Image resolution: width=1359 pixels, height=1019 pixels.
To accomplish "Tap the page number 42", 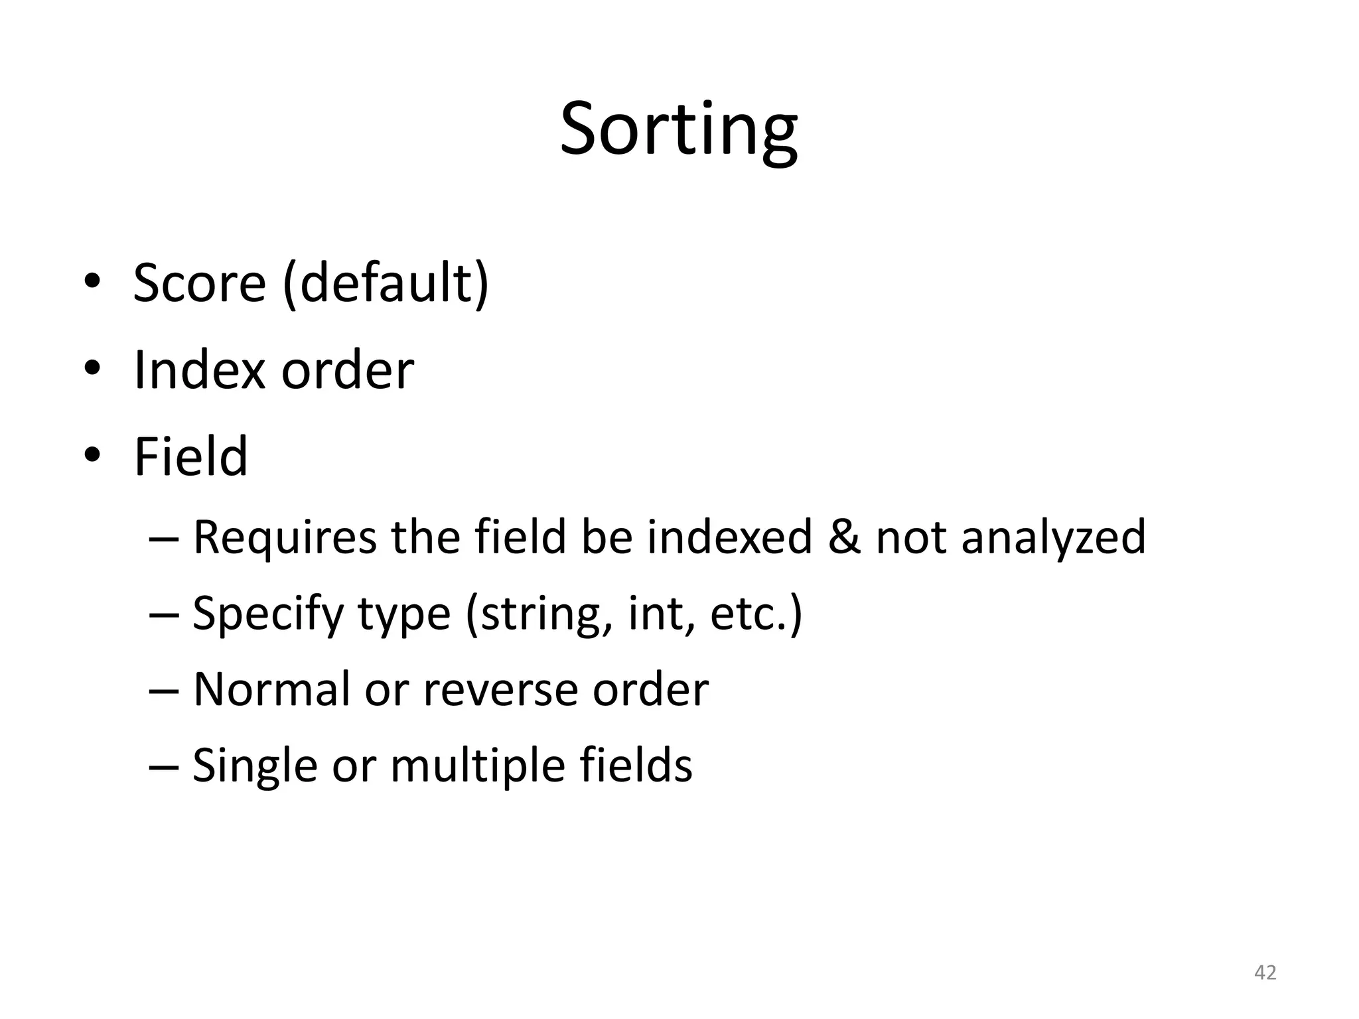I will [x=1265, y=973].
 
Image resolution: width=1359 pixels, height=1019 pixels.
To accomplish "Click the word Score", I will [x=199, y=283].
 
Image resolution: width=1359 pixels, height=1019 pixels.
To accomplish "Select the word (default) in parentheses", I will [x=386, y=283].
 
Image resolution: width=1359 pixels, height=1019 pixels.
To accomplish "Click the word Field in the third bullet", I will [x=190, y=457].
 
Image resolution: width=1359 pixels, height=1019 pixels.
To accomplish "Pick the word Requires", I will [x=284, y=537].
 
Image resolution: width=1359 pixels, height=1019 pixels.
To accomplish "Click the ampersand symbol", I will [x=843, y=537].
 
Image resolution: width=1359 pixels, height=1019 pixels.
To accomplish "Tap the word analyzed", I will [x=1053, y=537].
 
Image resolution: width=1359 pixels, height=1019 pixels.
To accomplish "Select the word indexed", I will [x=729, y=537].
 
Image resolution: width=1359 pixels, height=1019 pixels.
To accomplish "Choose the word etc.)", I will [x=756, y=614].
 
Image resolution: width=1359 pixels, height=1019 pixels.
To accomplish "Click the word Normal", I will [x=271, y=690].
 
